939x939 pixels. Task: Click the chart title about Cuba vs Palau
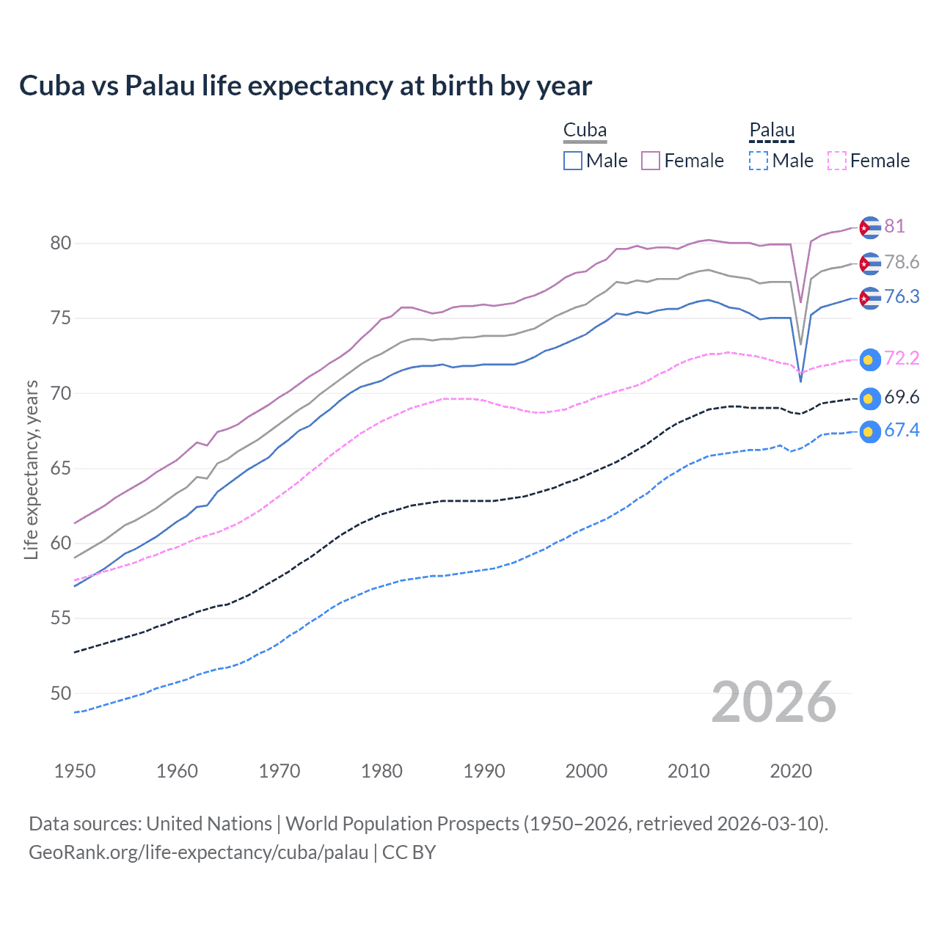pyautogui.click(x=305, y=86)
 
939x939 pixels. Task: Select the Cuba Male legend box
pyautogui.click(x=573, y=161)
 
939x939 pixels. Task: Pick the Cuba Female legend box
pyautogui.click(x=651, y=161)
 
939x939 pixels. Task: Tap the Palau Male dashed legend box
pyautogui.click(x=759, y=161)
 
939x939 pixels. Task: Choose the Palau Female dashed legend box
pyautogui.click(x=837, y=161)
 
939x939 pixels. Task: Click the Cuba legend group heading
pyautogui.click(x=585, y=131)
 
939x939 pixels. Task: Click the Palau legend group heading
pyautogui.click(x=772, y=131)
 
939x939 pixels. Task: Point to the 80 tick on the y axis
pyautogui.click(x=61, y=243)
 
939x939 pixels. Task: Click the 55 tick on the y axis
pyautogui.click(x=61, y=618)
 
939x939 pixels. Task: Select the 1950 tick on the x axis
pyautogui.click(x=75, y=771)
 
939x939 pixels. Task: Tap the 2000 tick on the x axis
pyautogui.click(x=586, y=771)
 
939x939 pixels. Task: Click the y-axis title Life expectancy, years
pyautogui.click(x=31, y=469)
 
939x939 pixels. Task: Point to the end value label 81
pyautogui.click(x=894, y=226)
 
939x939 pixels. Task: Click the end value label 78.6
pyautogui.click(x=902, y=262)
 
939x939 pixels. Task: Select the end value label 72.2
pyautogui.click(x=902, y=358)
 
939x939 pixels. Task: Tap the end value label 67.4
pyautogui.click(x=902, y=430)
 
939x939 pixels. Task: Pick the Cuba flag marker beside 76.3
pyautogui.click(x=869, y=298)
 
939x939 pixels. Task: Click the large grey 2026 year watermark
pyautogui.click(x=773, y=702)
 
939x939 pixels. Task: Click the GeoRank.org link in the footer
pyautogui.click(x=198, y=852)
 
